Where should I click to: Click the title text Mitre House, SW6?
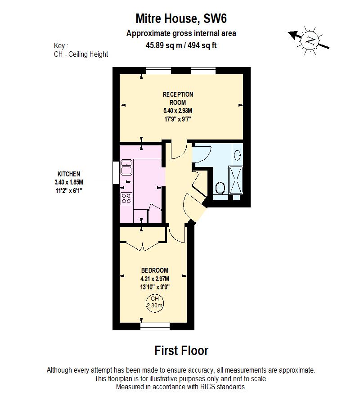tap(181, 18)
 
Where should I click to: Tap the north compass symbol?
tap(310, 40)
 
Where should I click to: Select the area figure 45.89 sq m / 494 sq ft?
tap(181, 45)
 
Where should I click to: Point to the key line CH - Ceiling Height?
tap(81, 54)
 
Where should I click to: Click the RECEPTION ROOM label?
tap(178, 98)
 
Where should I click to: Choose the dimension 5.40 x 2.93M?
tap(178, 111)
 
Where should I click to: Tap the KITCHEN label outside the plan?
tap(69, 174)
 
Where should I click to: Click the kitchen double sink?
tap(126, 167)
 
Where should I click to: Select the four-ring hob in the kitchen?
tap(126, 198)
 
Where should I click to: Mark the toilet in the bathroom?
tap(220, 188)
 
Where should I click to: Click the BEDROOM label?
tap(155, 270)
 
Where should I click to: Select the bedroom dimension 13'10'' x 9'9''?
tap(155, 287)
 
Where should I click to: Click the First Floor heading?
tap(181, 350)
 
